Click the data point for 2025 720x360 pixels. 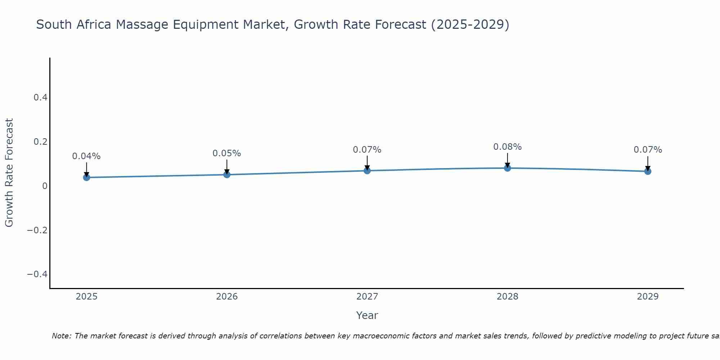tap(86, 177)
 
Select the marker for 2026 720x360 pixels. tap(227, 175)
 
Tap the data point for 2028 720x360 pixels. tap(507, 168)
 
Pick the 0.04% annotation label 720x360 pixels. tap(86, 156)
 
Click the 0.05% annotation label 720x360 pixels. tap(227, 153)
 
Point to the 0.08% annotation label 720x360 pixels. tap(507, 147)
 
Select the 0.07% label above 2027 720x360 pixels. tap(367, 150)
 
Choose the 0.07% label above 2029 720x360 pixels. tap(648, 150)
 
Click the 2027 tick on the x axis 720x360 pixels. tap(367, 297)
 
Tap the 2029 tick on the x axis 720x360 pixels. tap(648, 297)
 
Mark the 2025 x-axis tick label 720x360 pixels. tap(87, 297)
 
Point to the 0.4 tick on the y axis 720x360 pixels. tap(40, 97)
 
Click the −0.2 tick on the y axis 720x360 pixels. tap(37, 230)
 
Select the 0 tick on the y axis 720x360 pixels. tap(45, 186)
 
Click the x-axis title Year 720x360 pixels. tap(367, 315)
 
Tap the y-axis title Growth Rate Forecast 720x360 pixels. tap(9, 173)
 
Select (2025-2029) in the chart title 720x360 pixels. tap(470, 24)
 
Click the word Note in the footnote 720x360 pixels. tap(61, 336)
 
